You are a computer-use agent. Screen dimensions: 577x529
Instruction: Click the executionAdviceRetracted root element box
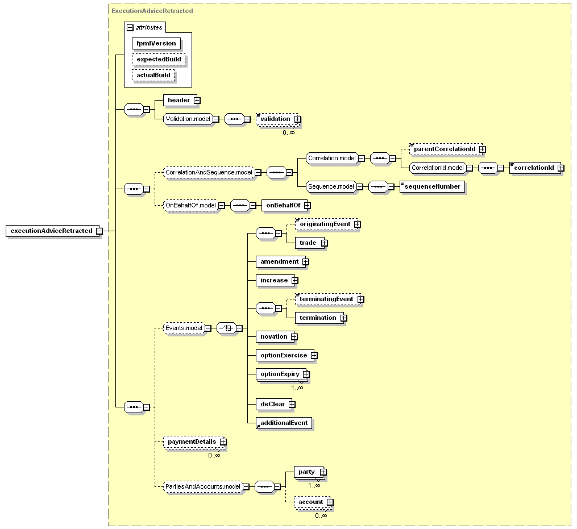tap(53, 231)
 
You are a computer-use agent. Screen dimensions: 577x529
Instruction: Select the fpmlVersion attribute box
tap(156, 43)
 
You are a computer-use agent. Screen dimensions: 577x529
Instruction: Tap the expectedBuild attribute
tap(159, 59)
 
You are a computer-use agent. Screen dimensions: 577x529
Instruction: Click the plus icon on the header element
tap(197, 100)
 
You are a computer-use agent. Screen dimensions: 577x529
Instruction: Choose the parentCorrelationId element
tap(446, 149)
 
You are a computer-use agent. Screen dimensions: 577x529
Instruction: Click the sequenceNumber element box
tap(433, 186)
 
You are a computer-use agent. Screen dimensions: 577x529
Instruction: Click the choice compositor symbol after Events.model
tap(226, 328)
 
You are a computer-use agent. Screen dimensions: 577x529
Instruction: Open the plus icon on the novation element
tap(294, 336)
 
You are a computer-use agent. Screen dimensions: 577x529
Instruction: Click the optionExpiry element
tap(281, 374)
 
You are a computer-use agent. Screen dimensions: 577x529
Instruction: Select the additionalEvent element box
tap(284, 423)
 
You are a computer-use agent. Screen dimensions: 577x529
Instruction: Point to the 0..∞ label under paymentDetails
tap(214, 456)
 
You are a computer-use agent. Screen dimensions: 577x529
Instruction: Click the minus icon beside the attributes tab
tap(130, 28)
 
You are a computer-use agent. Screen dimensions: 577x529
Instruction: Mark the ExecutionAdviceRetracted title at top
tap(152, 11)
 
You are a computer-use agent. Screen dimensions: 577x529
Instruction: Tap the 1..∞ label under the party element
tap(314, 486)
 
